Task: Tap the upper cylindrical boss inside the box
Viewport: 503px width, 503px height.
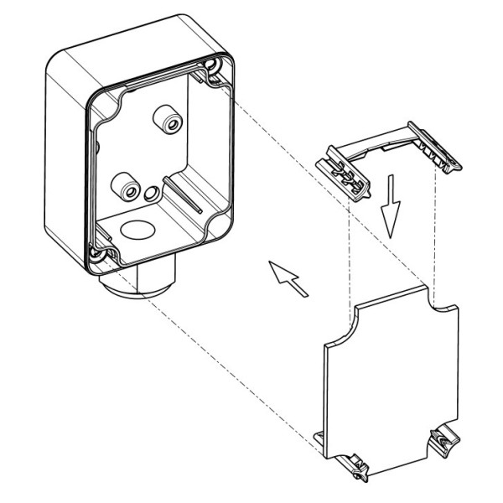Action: coord(169,120)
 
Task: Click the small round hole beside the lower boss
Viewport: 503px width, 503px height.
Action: coord(151,194)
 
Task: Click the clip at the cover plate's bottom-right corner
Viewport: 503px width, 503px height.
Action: coord(443,441)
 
